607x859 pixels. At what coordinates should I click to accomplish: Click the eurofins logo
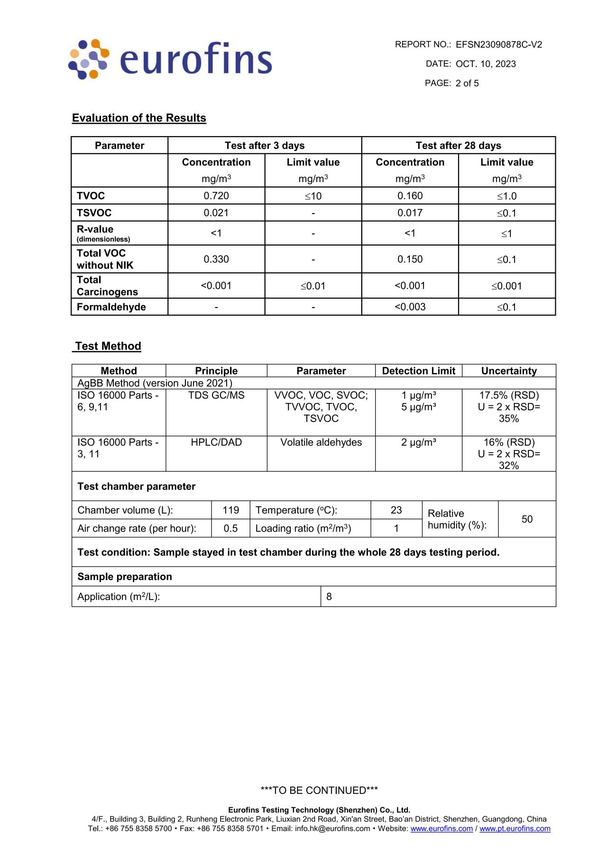click(x=170, y=59)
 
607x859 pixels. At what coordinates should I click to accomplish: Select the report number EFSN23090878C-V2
click(x=498, y=45)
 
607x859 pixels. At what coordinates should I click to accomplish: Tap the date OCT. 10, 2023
click(x=486, y=64)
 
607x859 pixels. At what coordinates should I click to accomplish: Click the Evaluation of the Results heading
click(x=139, y=118)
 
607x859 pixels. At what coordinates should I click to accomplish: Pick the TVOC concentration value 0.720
click(x=216, y=196)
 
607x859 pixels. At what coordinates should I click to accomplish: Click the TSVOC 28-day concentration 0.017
click(x=410, y=213)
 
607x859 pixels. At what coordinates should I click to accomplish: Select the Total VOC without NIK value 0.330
click(x=216, y=259)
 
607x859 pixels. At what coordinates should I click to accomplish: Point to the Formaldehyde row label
click(x=111, y=307)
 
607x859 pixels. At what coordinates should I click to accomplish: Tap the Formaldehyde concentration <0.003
click(x=410, y=307)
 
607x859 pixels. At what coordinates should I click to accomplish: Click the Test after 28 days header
click(x=458, y=145)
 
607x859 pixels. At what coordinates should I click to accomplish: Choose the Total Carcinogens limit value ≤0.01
click(x=313, y=286)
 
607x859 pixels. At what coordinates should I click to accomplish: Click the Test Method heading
click(x=108, y=346)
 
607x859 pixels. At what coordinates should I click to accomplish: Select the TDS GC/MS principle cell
click(x=216, y=395)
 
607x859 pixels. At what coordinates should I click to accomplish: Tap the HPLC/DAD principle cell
click(x=216, y=442)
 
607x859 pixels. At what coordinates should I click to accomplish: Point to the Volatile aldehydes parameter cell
click(x=321, y=442)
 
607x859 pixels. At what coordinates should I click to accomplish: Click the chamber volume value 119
click(x=230, y=510)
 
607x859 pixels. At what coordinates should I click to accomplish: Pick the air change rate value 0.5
click(x=230, y=528)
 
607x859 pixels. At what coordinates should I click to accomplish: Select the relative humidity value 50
click(x=527, y=519)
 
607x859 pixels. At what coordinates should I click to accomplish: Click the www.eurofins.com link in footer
click(x=441, y=829)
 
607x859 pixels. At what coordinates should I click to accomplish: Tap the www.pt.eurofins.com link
click(x=515, y=829)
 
